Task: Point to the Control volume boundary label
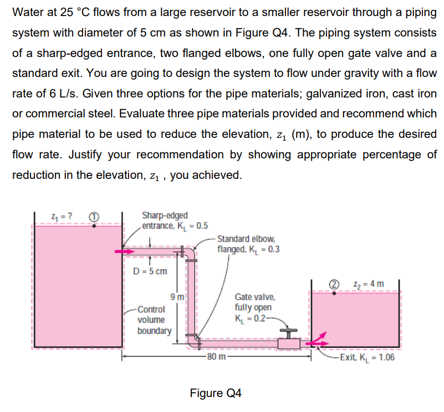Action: pos(155,320)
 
